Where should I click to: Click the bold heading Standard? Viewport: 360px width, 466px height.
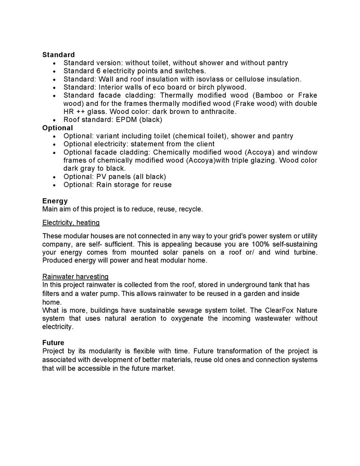(x=58, y=55)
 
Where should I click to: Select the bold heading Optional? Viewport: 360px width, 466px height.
(x=58, y=128)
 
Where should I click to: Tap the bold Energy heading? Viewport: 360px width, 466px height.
(x=55, y=201)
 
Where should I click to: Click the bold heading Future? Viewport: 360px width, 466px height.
(x=54, y=342)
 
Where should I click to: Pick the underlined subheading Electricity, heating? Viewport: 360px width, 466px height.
(x=71, y=222)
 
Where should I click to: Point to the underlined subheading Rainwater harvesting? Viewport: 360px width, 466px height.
(x=75, y=276)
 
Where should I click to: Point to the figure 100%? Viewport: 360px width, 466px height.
(x=255, y=244)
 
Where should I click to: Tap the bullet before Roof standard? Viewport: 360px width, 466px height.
(x=54, y=120)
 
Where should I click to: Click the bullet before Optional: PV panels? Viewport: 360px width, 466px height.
(x=54, y=177)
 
